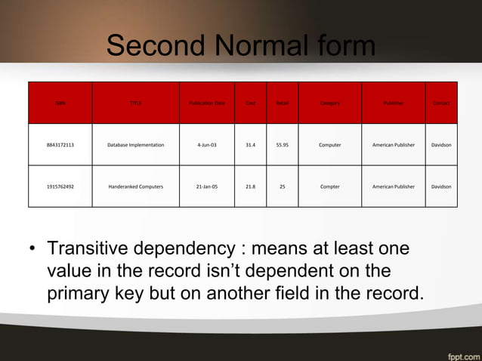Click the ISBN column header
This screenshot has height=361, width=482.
tap(60, 103)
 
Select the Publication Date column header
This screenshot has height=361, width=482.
tap(206, 103)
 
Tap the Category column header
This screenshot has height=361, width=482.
tap(329, 103)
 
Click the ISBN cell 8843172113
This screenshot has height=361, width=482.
tap(60, 144)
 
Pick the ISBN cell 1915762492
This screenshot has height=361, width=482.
tap(60, 186)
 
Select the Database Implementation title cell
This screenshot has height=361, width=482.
tap(135, 144)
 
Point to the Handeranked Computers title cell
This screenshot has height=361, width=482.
tap(135, 186)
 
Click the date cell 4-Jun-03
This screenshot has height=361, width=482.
tap(206, 144)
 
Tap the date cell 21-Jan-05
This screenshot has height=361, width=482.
tap(206, 186)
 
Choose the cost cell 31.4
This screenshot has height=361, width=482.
tap(250, 144)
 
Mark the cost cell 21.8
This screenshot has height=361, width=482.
tap(250, 186)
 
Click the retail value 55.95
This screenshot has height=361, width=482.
tap(282, 144)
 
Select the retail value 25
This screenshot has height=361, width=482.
tap(282, 186)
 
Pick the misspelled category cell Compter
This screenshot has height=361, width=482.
tap(329, 186)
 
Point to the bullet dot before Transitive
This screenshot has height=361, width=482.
tap(32, 250)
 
